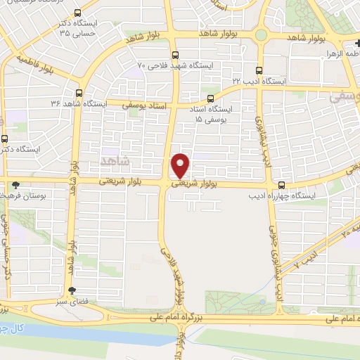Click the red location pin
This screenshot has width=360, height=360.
pyautogui.click(x=181, y=165)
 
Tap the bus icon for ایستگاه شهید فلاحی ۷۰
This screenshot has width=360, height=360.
pyautogui.click(x=175, y=54)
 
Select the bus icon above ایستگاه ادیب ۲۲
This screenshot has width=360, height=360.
pyautogui.click(x=259, y=70)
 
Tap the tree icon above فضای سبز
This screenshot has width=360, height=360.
pyautogui.click(x=72, y=290)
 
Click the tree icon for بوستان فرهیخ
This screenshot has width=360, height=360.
pyautogui.click(x=15, y=185)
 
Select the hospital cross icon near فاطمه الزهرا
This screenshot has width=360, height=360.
pyautogui.click(x=357, y=43)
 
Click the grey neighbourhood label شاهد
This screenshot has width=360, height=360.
pyautogui.click(x=116, y=161)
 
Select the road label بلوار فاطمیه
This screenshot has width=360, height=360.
pyautogui.click(x=39, y=67)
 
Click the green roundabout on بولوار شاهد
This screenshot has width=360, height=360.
pyautogui.click(x=261, y=34)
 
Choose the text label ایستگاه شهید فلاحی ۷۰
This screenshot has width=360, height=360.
pyautogui.click(x=177, y=65)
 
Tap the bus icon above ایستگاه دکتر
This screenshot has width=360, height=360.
pyautogui.click(x=6, y=139)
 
